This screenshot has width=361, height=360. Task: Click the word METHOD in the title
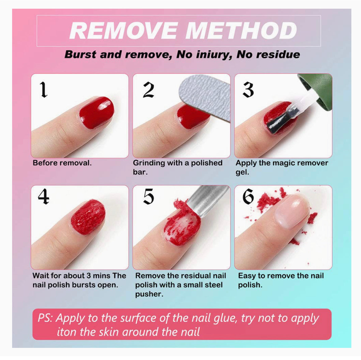(x=241, y=30)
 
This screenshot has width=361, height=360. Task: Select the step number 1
(x=44, y=90)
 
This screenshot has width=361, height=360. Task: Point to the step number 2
(x=149, y=90)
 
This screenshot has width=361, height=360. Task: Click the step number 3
(x=248, y=90)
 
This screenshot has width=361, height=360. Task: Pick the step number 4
(x=43, y=197)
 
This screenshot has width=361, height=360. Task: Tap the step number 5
(x=149, y=197)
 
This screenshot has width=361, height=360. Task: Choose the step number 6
(x=248, y=197)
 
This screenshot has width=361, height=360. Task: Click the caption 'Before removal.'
(x=62, y=163)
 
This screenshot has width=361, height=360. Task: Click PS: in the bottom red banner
(x=45, y=318)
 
